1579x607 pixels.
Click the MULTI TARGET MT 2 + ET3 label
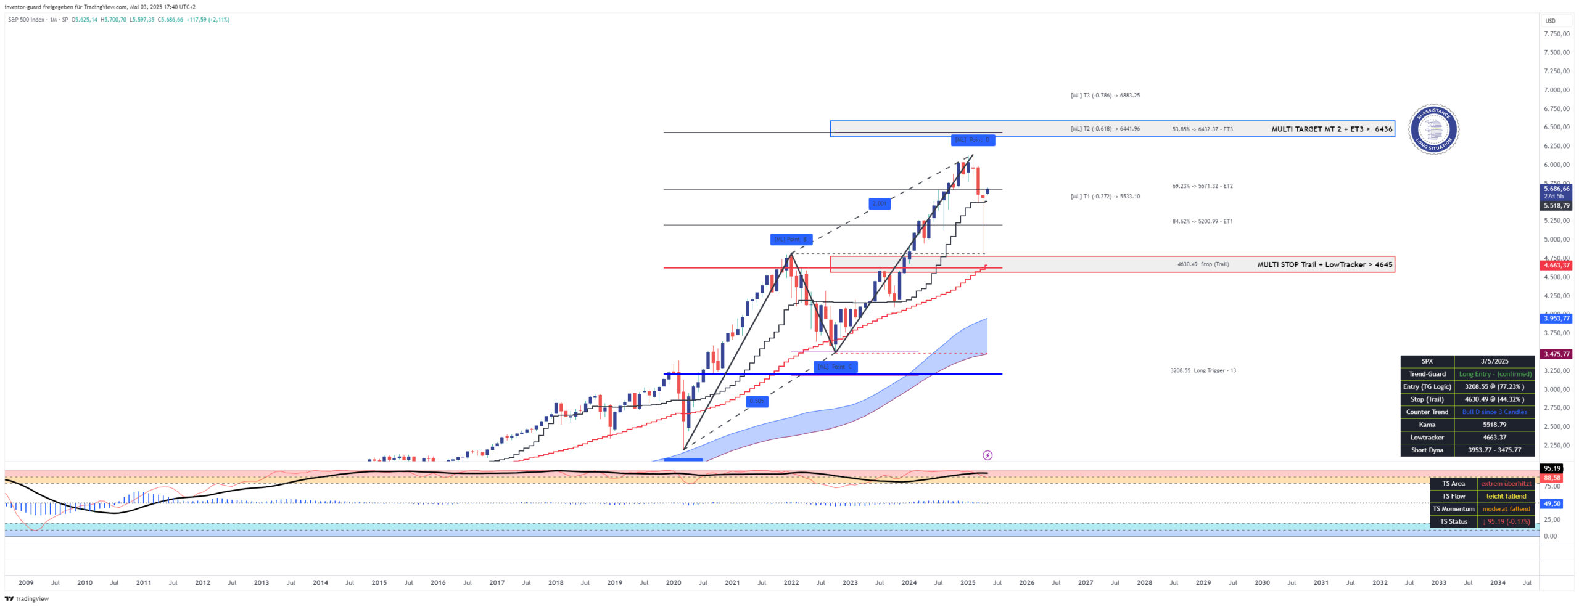(x=1331, y=129)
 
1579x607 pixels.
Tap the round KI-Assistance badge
(x=1433, y=129)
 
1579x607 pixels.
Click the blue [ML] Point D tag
(x=972, y=140)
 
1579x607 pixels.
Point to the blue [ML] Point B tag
(x=791, y=240)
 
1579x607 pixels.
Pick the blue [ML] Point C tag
(x=835, y=367)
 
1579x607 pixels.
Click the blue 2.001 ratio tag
(x=879, y=204)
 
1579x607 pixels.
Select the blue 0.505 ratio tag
(x=756, y=401)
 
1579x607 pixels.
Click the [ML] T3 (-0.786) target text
(x=1105, y=96)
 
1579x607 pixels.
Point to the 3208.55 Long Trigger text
(x=1203, y=371)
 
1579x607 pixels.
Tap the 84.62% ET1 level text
(x=1202, y=222)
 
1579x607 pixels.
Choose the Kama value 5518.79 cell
(x=1494, y=425)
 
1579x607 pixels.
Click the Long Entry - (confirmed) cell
(x=1494, y=375)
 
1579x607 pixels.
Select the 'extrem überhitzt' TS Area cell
(x=1506, y=484)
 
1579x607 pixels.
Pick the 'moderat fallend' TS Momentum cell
(x=1506, y=509)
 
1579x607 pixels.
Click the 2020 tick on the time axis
(x=674, y=583)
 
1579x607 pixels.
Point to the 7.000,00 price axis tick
(x=1556, y=90)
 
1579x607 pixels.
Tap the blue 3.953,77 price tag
(x=1556, y=319)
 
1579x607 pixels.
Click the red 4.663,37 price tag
(x=1556, y=266)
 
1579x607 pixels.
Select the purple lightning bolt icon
(x=987, y=456)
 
